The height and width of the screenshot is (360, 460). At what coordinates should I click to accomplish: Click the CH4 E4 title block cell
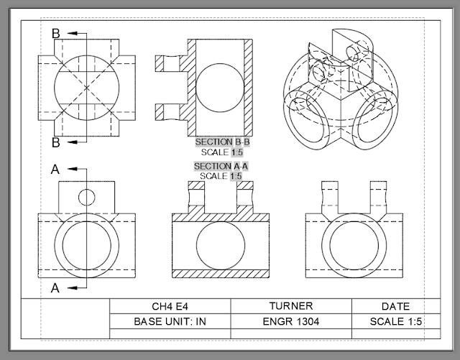pos(170,306)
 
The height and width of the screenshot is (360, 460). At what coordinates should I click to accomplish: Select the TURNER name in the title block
pos(290,306)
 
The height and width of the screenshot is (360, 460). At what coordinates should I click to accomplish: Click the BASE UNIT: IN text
pos(170,321)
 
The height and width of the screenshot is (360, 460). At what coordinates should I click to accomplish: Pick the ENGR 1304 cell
pos(290,321)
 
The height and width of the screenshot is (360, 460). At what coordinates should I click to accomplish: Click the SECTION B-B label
pos(222,142)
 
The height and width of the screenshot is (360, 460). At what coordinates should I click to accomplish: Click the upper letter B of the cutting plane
pos(55,33)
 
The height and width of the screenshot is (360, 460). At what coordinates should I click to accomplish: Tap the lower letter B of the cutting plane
pos(55,142)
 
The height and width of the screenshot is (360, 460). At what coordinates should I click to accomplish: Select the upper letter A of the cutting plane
pos(55,170)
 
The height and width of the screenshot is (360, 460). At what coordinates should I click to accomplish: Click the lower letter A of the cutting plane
pos(55,287)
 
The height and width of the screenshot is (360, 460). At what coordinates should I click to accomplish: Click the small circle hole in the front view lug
pos(86,196)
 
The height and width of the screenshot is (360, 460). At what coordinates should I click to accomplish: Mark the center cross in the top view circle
pos(86,88)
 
